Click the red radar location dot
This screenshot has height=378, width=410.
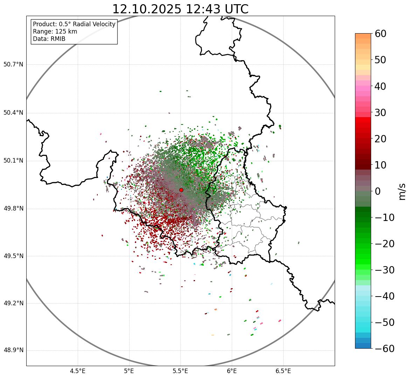(x=181, y=190)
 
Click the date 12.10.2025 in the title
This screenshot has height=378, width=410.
(x=147, y=9)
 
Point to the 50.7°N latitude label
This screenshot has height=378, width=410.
(x=13, y=65)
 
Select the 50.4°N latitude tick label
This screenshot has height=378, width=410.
(x=13, y=113)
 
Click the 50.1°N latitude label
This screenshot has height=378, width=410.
(x=13, y=161)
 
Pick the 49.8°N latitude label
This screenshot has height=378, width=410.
(x=13, y=209)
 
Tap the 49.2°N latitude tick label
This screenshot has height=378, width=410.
(x=13, y=303)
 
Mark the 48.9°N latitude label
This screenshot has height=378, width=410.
(x=13, y=350)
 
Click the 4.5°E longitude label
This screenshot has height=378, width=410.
(x=78, y=371)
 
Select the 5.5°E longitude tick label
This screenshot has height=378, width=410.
(x=180, y=371)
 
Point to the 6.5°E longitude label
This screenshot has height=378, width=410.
(x=283, y=371)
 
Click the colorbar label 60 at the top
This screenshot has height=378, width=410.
(x=380, y=34)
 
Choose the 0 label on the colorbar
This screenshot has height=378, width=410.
(x=377, y=191)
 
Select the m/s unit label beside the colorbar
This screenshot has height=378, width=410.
(x=402, y=191)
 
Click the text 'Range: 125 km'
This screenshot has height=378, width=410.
(x=55, y=31)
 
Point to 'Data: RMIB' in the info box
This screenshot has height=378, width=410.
(x=49, y=39)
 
